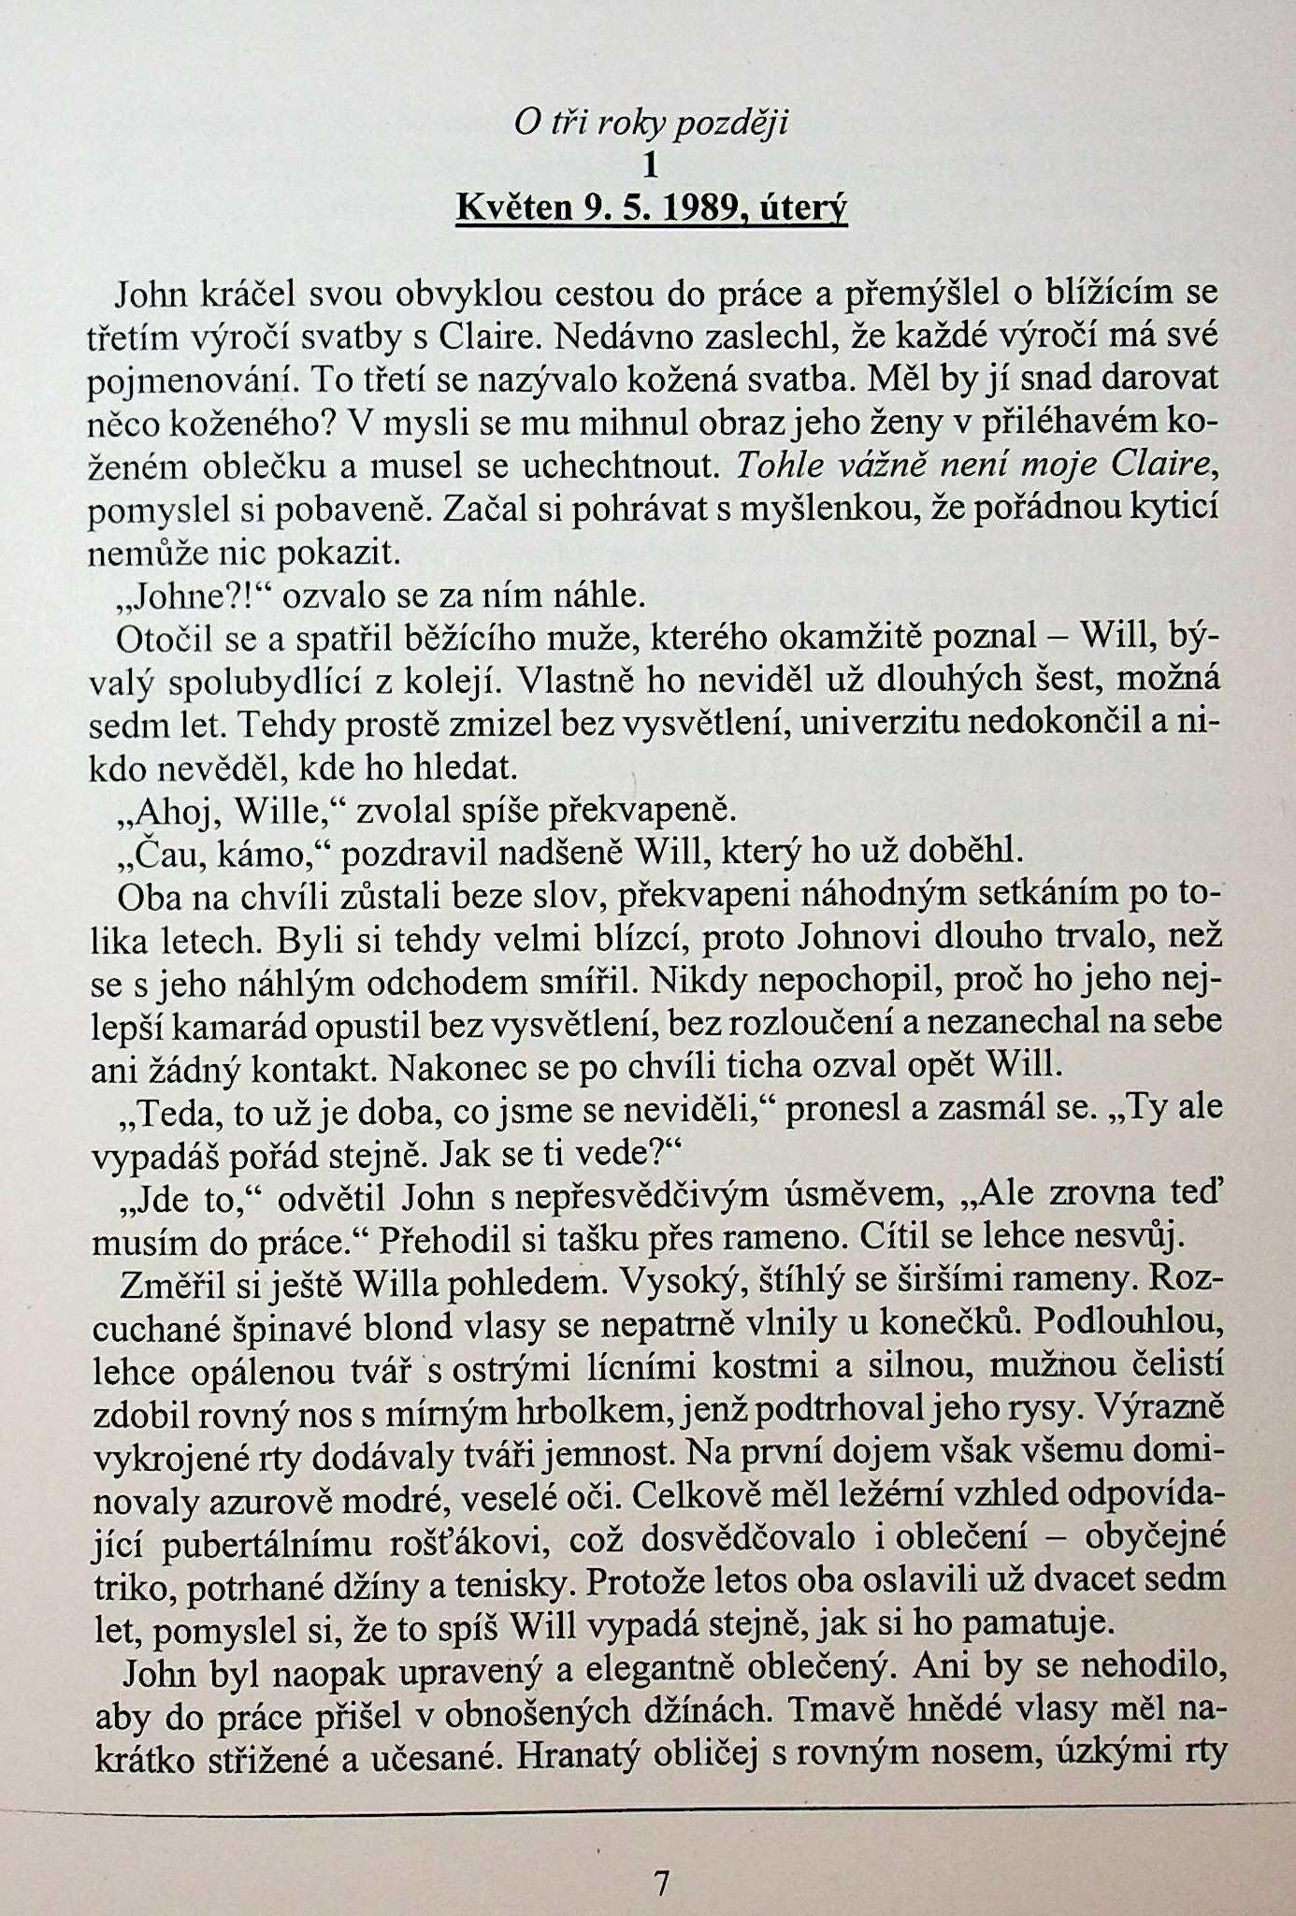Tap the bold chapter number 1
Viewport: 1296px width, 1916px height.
pos(651,166)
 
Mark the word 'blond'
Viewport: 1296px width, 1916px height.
pos(427,1325)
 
